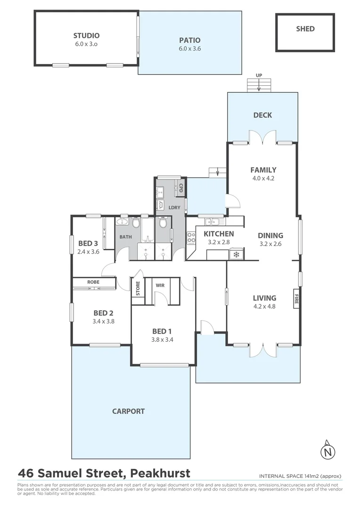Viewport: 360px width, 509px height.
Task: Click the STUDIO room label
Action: tap(86, 35)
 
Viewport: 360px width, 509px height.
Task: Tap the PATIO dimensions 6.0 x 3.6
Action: tap(189, 49)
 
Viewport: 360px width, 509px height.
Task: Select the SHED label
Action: tap(305, 29)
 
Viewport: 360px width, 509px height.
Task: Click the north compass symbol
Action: tap(328, 452)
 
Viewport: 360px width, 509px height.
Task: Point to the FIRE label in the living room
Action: tap(296, 298)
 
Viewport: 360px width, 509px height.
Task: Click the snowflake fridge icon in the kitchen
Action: tap(235, 255)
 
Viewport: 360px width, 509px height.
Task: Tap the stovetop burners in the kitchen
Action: tap(192, 238)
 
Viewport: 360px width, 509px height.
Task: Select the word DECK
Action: tap(262, 115)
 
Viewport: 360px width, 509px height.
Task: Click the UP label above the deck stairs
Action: tap(259, 75)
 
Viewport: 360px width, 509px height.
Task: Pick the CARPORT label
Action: tap(128, 411)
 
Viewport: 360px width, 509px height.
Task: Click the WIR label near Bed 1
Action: tap(160, 285)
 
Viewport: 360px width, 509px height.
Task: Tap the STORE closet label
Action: tap(138, 288)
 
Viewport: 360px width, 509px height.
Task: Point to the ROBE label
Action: tap(93, 282)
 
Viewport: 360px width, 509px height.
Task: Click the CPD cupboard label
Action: tap(180, 188)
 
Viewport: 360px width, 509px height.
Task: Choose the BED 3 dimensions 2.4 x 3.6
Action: tap(88, 252)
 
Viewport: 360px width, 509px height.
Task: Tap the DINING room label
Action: tap(270, 236)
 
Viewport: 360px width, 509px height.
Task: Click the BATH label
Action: tap(125, 237)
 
